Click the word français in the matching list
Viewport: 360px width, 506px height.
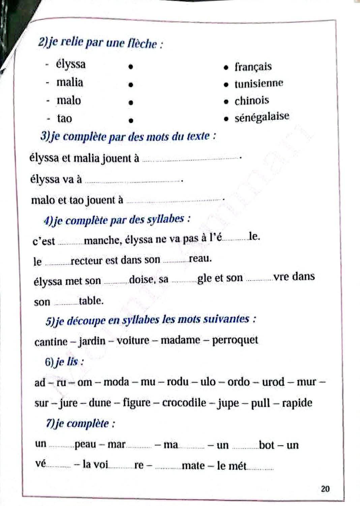point(253,67)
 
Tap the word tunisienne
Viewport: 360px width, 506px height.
point(259,83)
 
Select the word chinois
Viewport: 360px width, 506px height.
point(251,101)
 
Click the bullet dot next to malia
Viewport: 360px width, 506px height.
point(130,84)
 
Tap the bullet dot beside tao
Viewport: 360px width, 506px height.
point(131,120)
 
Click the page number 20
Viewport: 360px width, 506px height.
point(325,488)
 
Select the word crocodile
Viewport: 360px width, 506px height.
point(184,402)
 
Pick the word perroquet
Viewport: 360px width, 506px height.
point(235,340)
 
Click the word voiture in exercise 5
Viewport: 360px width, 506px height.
point(133,340)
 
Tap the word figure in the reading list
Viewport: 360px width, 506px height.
point(137,402)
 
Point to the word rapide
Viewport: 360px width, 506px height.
point(297,403)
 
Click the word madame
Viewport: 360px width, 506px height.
point(180,340)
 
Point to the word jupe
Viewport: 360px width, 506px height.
point(229,403)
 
